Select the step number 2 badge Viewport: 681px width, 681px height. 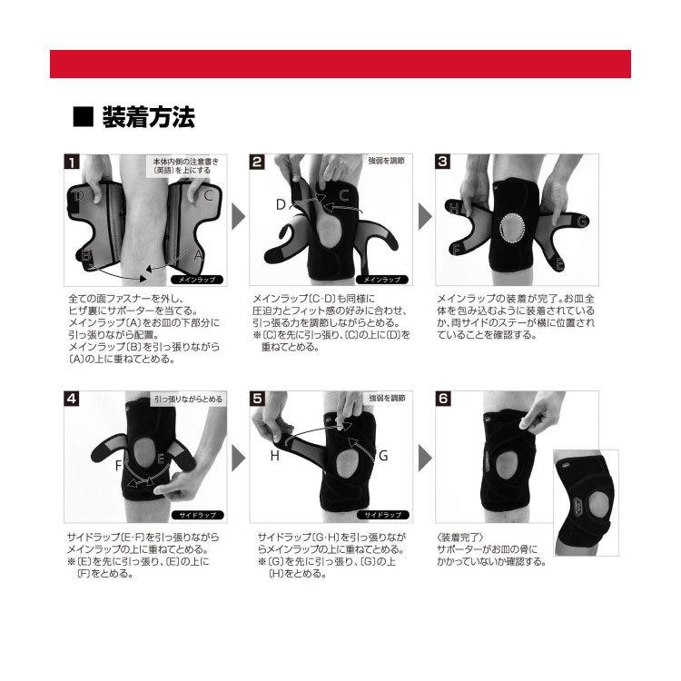[257, 163]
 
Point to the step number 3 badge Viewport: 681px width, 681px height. [443, 163]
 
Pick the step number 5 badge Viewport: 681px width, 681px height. [257, 397]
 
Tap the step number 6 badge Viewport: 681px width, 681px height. [443, 397]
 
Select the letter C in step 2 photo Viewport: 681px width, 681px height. [344, 194]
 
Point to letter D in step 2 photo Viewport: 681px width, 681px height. [281, 204]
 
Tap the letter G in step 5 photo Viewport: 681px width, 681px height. [383, 456]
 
